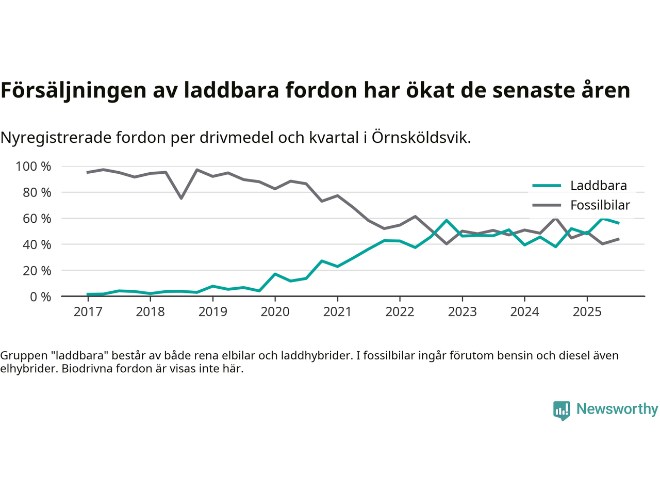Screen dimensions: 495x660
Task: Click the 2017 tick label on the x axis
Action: pos(88,312)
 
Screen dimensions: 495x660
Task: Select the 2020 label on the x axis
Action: pos(275,312)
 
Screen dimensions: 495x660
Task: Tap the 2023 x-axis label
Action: pos(462,312)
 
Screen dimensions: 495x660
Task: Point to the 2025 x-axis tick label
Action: pos(587,312)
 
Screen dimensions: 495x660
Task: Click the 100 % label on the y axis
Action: pos(34,167)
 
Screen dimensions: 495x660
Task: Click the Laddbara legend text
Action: pos(599,186)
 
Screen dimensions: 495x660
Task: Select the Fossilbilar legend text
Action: pos(600,205)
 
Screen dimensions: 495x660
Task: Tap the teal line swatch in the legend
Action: pos(546,186)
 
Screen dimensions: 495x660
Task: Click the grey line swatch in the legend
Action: pos(546,205)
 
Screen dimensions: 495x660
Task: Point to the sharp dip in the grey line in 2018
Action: pos(181,198)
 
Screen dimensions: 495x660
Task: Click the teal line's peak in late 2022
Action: pos(447,220)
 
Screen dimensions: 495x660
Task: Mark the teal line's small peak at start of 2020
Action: pos(275,274)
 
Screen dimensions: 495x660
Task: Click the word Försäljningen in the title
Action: pos(74,90)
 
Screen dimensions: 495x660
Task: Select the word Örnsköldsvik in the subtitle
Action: pos(420,138)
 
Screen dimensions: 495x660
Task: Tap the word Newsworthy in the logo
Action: pos(617,409)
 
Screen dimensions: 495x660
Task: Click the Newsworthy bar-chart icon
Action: pos(562,410)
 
